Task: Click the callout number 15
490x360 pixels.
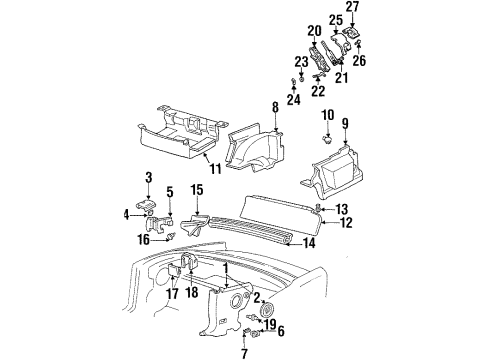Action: point(196,188)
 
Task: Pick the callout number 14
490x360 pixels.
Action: point(309,241)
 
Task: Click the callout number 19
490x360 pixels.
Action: point(271,324)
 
